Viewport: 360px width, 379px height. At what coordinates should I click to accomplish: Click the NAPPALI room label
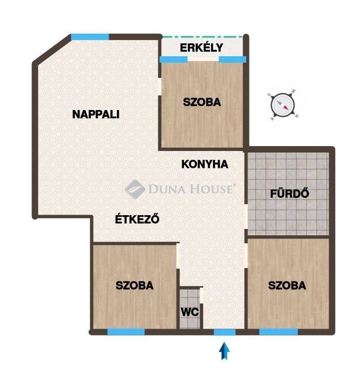(x=96, y=114)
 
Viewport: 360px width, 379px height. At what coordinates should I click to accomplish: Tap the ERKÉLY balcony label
(x=201, y=47)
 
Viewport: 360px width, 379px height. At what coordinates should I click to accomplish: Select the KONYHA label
(x=205, y=164)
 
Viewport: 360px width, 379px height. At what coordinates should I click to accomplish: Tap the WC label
(x=190, y=312)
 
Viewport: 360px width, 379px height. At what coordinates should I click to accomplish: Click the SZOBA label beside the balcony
(x=202, y=102)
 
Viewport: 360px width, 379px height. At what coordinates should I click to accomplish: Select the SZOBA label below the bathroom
(x=287, y=285)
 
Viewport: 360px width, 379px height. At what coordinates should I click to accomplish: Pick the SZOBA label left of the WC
(x=134, y=285)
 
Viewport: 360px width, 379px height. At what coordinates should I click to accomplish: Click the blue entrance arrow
(x=225, y=350)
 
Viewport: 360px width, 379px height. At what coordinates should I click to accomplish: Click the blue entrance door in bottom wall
(x=225, y=332)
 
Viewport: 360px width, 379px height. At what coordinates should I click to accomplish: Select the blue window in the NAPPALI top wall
(x=90, y=37)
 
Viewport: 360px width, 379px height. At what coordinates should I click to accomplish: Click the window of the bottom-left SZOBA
(x=126, y=332)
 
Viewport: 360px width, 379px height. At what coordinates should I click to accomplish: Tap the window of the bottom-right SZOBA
(x=278, y=332)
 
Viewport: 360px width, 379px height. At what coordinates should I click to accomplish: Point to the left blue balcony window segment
(x=174, y=59)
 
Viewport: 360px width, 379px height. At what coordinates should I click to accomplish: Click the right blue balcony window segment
(x=232, y=59)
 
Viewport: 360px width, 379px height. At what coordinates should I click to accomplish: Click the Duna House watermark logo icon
(x=135, y=189)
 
